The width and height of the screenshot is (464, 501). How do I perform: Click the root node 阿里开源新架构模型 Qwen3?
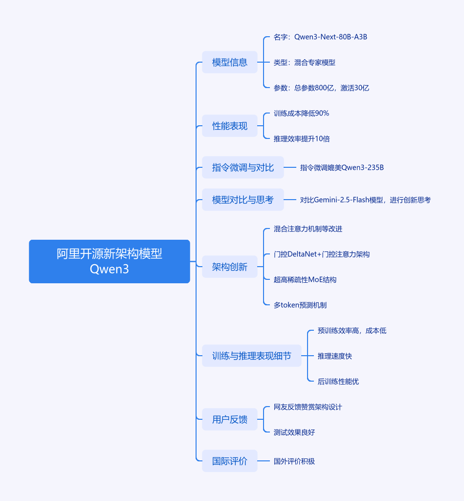[x=110, y=261]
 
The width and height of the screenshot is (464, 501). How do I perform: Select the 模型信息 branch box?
[x=230, y=62]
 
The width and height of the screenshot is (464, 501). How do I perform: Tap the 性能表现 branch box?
[x=230, y=126]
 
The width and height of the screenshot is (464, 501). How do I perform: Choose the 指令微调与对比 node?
[x=243, y=167]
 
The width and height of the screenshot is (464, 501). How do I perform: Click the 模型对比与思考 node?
[x=243, y=200]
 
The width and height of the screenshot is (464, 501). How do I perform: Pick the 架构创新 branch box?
[x=230, y=267]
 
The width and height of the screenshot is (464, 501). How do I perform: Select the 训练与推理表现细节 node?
[x=251, y=356]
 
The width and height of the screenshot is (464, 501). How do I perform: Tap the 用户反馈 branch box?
[x=230, y=419]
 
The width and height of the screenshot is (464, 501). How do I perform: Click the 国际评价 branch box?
[x=230, y=461]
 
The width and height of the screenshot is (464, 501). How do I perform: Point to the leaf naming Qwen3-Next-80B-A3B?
[x=320, y=37]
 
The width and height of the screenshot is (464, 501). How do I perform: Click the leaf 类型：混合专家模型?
[x=304, y=62]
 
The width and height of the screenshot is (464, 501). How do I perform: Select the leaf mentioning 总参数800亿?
[x=321, y=88]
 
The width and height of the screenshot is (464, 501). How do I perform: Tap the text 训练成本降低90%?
[x=301, y=113]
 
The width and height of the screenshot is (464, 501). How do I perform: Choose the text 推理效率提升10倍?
[x=302, y=138]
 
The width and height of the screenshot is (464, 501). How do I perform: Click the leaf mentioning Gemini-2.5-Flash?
[x=365, y=200]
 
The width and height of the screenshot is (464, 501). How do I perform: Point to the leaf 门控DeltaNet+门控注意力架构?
[x=321, y=254]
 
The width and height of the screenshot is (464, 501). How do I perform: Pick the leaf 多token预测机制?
[x=300, y=305]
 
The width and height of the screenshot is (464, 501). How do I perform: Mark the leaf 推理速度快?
[x=334, y=356]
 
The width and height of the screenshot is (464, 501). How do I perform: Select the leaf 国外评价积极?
[x=294, y=461]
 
